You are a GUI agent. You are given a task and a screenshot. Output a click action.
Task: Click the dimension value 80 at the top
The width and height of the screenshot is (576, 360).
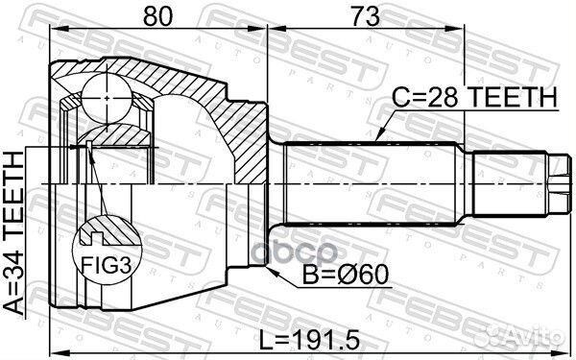click(159, 15)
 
